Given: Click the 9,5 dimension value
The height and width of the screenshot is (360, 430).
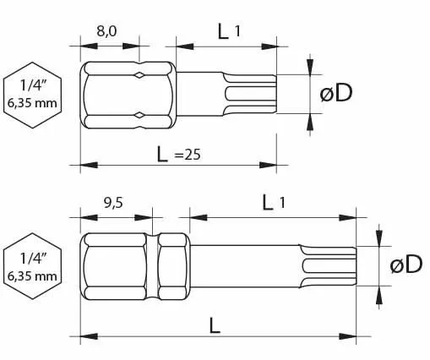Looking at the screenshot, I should pos(114,203).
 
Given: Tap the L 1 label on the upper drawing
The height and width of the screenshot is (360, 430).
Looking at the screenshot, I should pos(229,31).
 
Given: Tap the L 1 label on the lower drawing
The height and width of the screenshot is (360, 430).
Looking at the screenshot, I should pos(274,202).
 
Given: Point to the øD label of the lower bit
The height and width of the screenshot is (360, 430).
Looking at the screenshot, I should pos(405,265).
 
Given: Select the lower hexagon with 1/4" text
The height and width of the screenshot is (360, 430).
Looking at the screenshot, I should pos(32,265).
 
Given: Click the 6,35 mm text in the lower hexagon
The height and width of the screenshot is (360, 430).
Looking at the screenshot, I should pos(32,275).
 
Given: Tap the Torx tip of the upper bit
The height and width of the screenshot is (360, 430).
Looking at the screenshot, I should pos(253,93).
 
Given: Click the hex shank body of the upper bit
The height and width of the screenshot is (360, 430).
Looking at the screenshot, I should pos(127,94).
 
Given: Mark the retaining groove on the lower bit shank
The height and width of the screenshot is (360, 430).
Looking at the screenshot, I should pos(155,265).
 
